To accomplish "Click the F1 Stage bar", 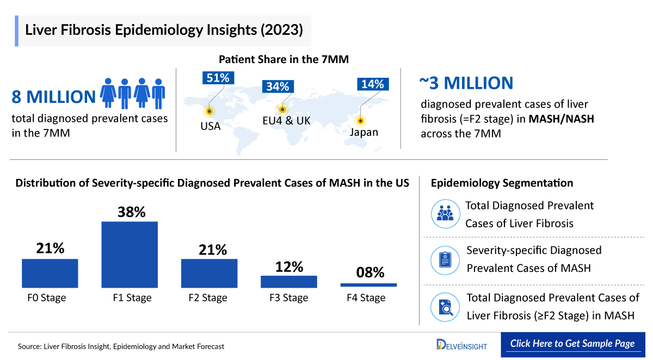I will [x=130, y=255].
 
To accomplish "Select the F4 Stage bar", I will [x=368, y=284].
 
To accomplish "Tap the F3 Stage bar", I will [x=288, y=281].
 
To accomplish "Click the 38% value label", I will [x=132, y=212].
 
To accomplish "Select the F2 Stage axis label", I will [x=208, y=298].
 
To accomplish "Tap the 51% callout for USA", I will [x=218, y=78].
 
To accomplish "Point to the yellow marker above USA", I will [x=209, y=111].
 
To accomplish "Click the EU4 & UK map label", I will [x=286, y=121].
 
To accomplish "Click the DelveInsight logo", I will [x=461, y=344].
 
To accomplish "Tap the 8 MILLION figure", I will [x=53, y=97].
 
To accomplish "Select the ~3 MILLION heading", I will [x=466, y=83].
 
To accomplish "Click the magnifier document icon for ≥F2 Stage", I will [x=445, y=307].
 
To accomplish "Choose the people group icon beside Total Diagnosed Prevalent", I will [x=445, y=214].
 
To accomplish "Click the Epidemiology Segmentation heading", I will [x=502, y=183].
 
